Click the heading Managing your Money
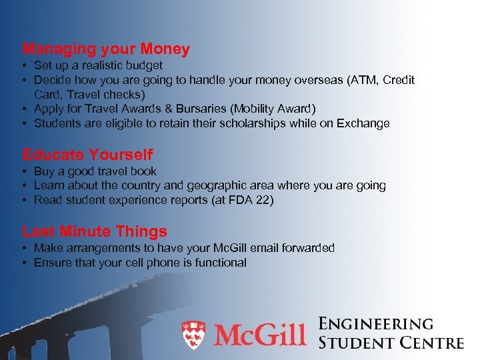click(x=106, y=49)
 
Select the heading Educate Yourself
click(x=87, y=155)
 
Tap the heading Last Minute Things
click(x=95, y=231)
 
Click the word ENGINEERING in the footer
click(x=376, y=325)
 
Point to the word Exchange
click(x=364, y=123)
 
